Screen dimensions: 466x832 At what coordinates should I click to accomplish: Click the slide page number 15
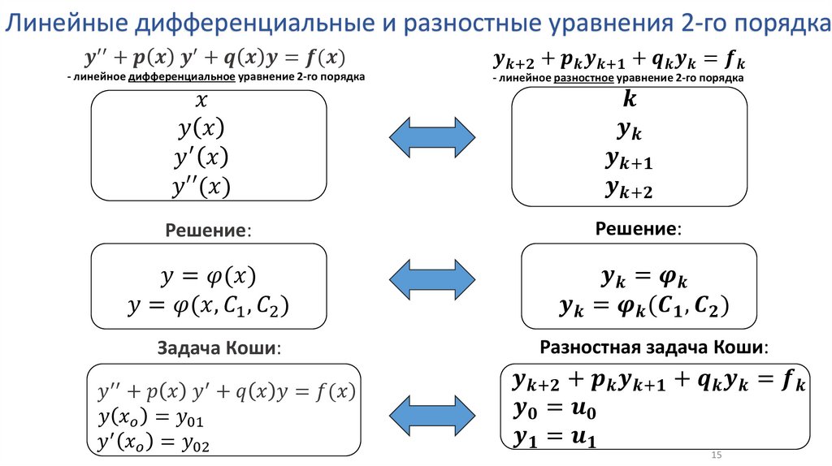point(717,455)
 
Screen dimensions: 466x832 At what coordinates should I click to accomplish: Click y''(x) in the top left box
point(201,187)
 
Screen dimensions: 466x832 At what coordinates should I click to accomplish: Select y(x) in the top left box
point(201,130)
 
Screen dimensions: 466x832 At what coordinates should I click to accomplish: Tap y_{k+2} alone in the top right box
point(630,190)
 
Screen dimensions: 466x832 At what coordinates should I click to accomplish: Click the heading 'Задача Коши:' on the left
point(220,348)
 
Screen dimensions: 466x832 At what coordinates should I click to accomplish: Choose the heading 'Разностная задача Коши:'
point(653,347)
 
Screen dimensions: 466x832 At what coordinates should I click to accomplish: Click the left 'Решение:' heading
point(209,231)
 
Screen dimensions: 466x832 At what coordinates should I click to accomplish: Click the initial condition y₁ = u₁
point(554,438)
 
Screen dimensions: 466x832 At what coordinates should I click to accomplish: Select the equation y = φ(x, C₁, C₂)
point(209,305)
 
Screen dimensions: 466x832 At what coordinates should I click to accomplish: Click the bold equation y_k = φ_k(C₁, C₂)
point(644,306)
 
